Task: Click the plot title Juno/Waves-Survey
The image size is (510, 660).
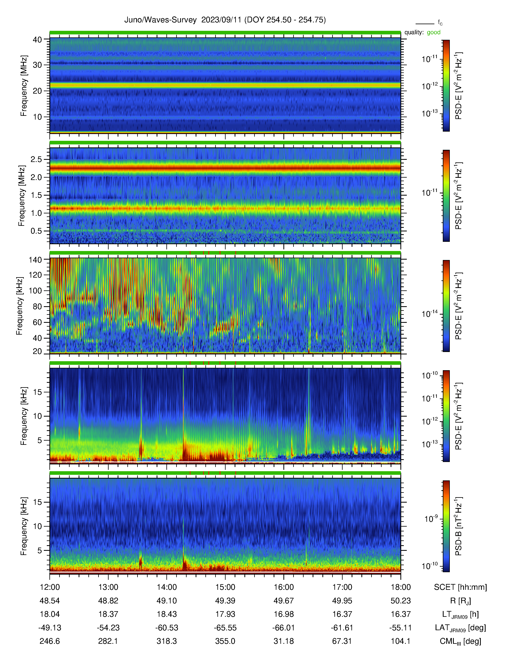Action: (x=160, y=20)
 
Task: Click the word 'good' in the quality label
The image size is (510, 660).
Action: (x=434, y=32)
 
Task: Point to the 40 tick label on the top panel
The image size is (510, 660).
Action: (x=37, y=40)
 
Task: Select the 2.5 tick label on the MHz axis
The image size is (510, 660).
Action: (x=36, y=159)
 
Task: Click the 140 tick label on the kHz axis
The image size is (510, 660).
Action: (x=35, y=260)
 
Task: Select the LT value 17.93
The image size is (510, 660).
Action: (x=225, y=614)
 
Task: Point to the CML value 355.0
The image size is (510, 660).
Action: (x=225, y=641)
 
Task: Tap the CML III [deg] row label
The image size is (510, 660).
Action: (x=460, y=641)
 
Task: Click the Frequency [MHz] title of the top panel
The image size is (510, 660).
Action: (x=24, y=86)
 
